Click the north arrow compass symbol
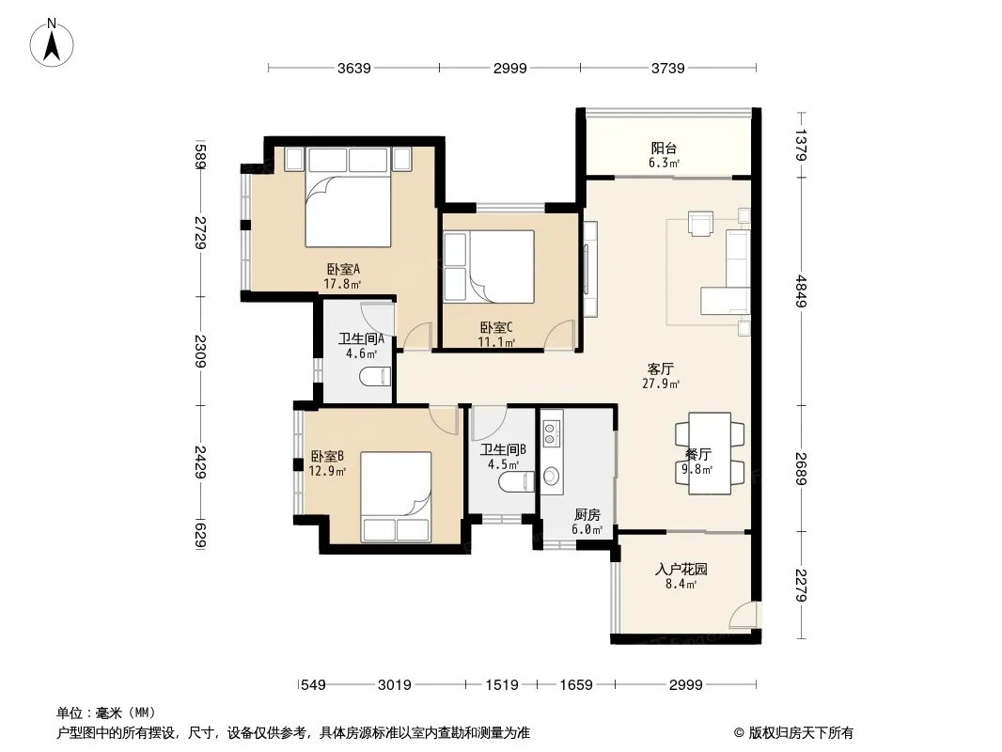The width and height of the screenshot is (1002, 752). [x=52, y=43]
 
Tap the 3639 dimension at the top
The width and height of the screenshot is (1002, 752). [x=354, y=68]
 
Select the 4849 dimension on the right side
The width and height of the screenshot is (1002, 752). [x=802, y=291]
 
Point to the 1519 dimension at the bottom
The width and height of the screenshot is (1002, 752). [x=502, y=685]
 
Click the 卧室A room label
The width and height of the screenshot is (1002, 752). [x=344, y=269]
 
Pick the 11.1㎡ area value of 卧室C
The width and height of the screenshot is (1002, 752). [x=496, y=342]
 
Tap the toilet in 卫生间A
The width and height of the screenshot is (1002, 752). [x=375, y=377]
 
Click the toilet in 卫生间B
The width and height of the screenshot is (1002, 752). [x=516, y=482]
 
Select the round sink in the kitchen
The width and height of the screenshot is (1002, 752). [x=551, y=476]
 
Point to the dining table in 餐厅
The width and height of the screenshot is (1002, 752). [x=710, y=453]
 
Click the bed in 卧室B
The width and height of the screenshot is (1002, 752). [x=396, y=497]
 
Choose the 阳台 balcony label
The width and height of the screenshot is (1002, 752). [x=664, y=149]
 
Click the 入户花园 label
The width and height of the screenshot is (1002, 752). [x=681, y=569]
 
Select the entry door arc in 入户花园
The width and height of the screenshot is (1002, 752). [x=741, y=615]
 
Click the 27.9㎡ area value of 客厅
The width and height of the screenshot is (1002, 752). [x=661, y=384]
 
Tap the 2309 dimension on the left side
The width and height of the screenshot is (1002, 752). [x=200, y=351]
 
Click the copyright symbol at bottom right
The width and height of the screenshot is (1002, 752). [x=739, y=733]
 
